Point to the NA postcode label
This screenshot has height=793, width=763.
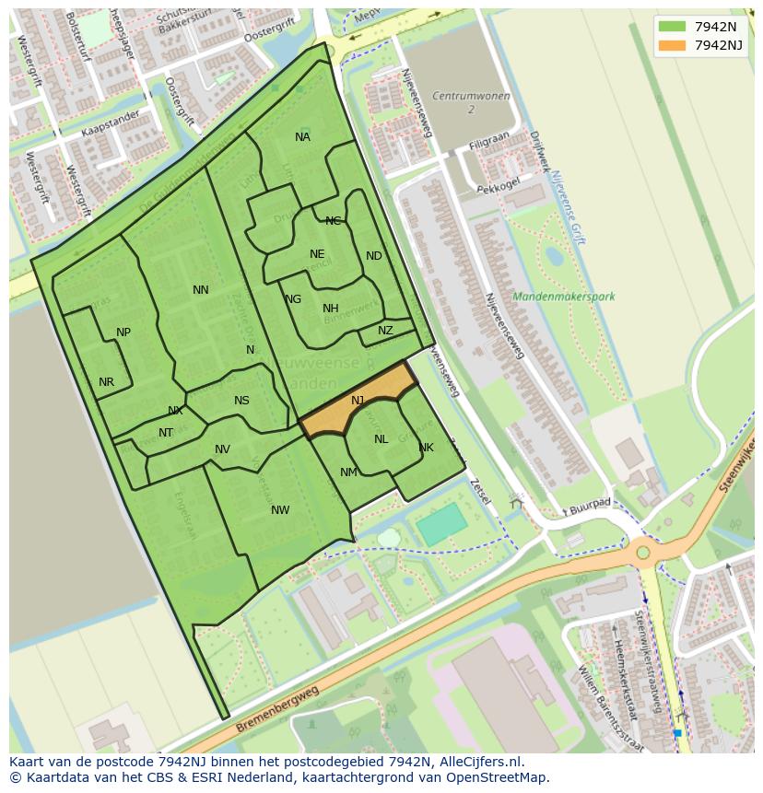coord(302,137)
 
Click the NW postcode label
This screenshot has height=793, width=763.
coord(280,510)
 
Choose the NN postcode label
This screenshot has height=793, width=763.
coord(201,290)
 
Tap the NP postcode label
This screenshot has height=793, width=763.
coord(123,332)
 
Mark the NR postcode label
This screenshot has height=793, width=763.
coord(106,382)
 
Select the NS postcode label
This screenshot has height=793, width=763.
coord(241,401)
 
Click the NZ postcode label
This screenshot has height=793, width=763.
coord(385,331)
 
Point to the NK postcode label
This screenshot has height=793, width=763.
coord(426,449)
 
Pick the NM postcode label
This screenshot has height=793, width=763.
coord(348,472)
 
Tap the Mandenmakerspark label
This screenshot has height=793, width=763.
coord(564,297)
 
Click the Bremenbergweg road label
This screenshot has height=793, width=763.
coord(276,709)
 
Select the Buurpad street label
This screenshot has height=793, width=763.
coord(590,506)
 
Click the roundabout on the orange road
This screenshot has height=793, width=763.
coord(643,554)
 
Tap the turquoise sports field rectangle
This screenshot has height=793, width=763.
coord(442,525)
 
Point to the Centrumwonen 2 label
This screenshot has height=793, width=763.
coord(471,102)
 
